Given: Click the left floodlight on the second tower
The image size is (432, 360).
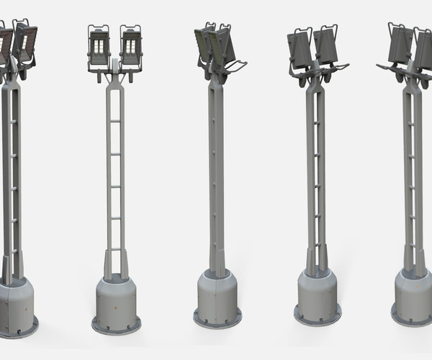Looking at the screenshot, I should coord(99,48).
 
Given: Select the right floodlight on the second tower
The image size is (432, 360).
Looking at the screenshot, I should coord(130,47).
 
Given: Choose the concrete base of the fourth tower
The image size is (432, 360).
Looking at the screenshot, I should coord(317,295).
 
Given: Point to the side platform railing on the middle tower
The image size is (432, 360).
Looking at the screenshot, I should coord(235,68).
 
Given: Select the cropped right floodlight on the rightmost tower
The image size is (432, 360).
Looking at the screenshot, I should coord(423,49).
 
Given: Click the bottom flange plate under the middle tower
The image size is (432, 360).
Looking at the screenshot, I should coord(217,318).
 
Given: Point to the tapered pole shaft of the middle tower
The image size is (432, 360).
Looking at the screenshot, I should coord(215,180).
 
